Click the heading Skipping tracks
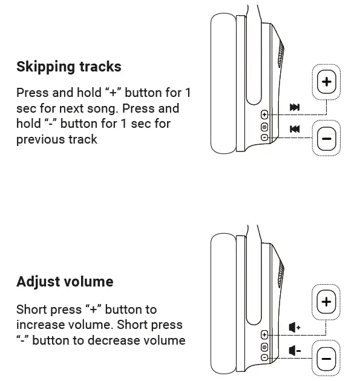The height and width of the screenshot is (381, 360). [x=68, y=67]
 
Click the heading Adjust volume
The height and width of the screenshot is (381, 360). [x=65, y=282]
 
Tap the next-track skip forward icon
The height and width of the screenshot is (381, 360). [x=295, y=107]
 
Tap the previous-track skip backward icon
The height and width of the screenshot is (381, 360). [x=295, y=128]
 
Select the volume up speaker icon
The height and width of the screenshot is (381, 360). [x=295, y=328]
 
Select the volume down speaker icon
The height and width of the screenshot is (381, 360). [x=295, y=350]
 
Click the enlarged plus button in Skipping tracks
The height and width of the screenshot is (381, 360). [x=327, y=82]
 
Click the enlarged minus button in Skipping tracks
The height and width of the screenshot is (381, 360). [x=327, y=139]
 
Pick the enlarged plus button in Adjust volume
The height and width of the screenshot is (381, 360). [x=327, y=302]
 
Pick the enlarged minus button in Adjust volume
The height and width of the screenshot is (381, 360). [x=327, y=359]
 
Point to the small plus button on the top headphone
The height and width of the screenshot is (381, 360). [x=264, y=114]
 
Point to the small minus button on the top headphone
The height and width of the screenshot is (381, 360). [x=264, y=137]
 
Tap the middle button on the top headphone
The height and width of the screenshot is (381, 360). [x=264, y=127]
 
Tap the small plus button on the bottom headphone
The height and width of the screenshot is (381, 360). [x=264, y=335]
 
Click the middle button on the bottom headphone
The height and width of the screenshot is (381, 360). [x=264, y=346]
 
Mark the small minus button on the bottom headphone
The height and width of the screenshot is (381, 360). [x=264, y=357]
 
